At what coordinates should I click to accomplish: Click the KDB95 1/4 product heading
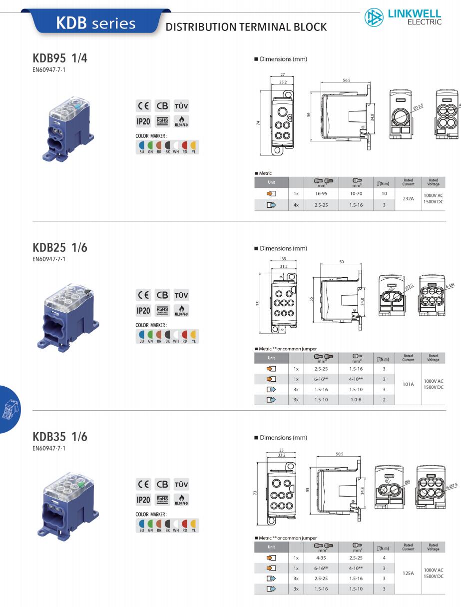60,58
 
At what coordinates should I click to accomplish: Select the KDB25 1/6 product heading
60,247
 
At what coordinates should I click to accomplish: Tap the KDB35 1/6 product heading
60,437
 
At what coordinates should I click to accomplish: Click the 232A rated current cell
408,198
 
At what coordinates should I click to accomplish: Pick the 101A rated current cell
408,384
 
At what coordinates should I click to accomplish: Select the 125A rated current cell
408,574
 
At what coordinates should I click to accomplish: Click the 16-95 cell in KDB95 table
322,193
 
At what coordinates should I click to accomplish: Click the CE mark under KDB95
143,106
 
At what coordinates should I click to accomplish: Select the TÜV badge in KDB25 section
181,295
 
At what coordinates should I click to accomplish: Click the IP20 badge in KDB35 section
143,500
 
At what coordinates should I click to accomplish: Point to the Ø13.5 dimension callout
418,106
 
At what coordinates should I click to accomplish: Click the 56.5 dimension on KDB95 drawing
346,80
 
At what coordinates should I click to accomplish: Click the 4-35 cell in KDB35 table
322,558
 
